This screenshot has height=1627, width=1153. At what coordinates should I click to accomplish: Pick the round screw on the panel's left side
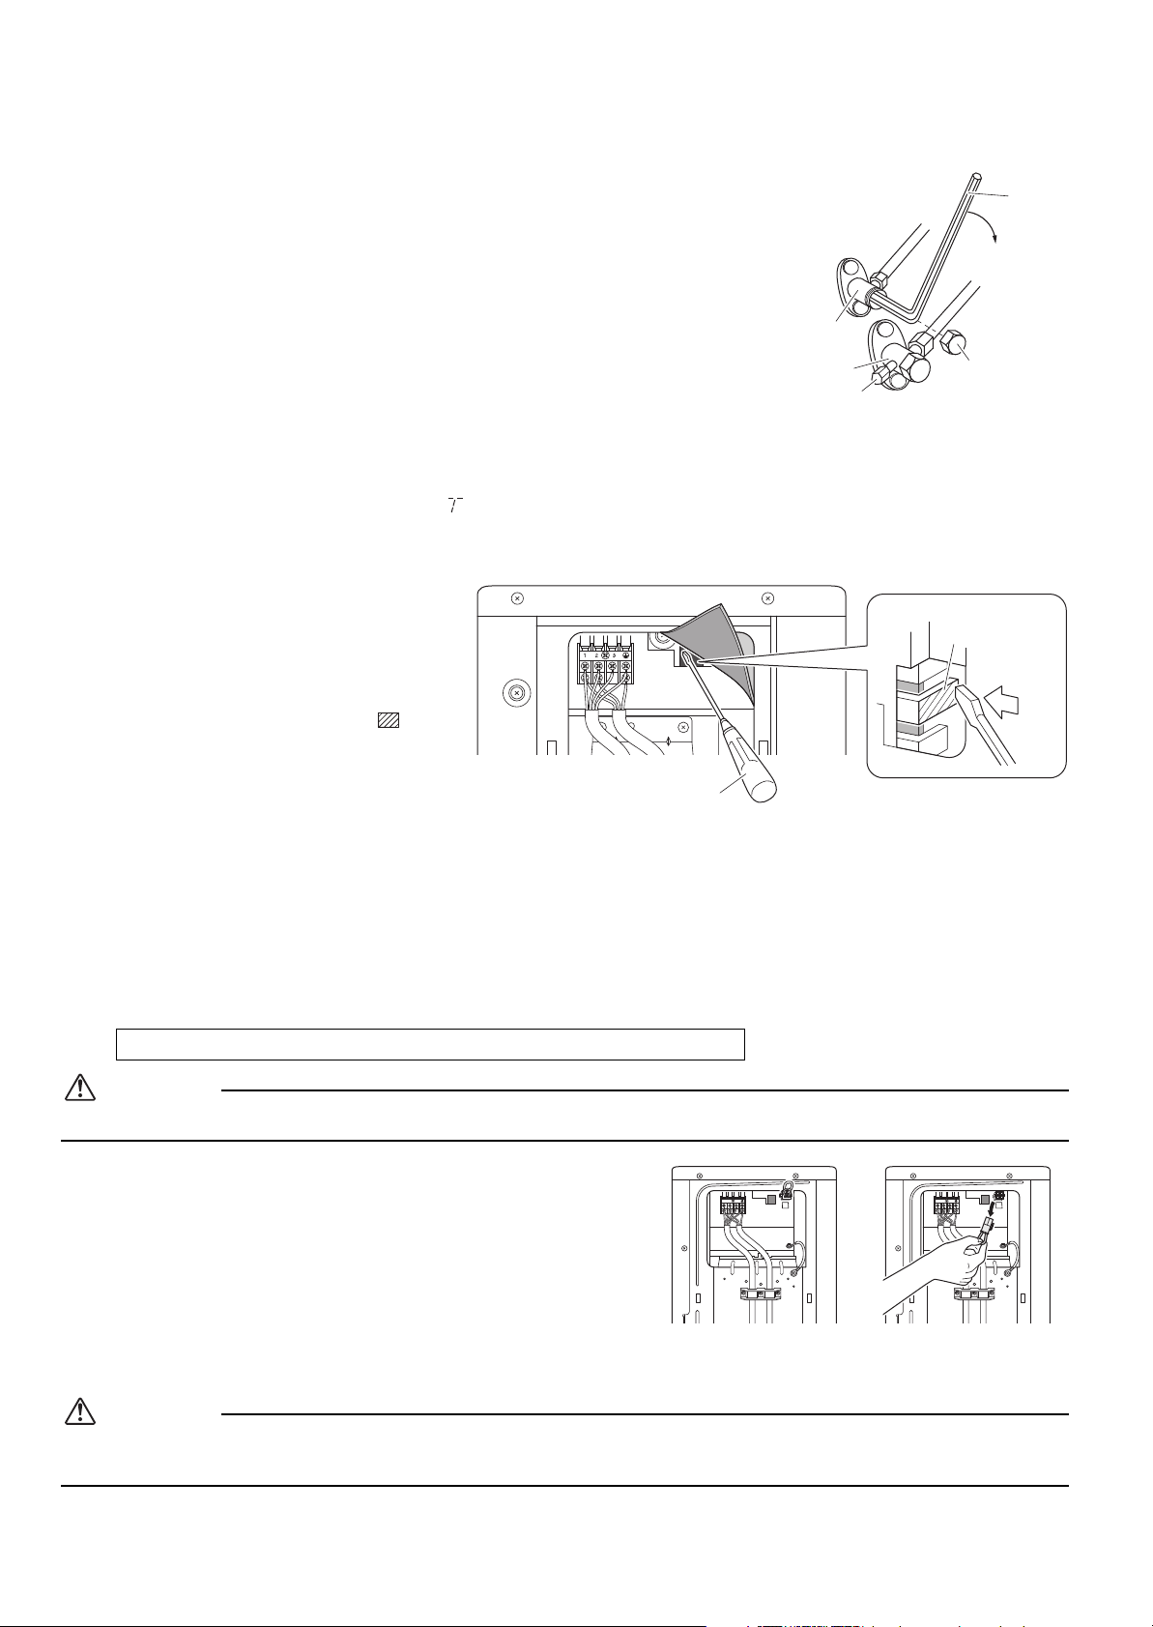point(518,693)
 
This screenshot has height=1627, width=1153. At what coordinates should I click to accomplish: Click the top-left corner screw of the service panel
point(517,596)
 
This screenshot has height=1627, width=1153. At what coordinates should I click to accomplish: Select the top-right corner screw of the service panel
point(767,596)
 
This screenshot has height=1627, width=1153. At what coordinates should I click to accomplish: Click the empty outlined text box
point(430,1044)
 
